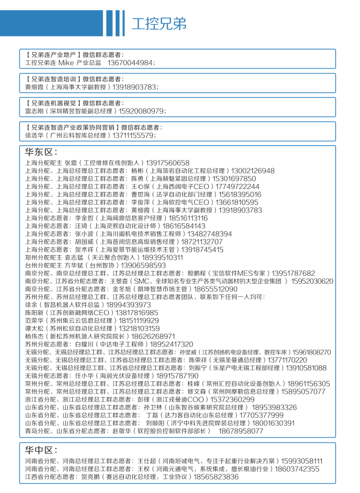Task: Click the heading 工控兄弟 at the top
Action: [x=159, y=24]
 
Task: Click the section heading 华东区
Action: [x=41, y=152]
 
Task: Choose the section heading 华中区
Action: [x=41, y=450]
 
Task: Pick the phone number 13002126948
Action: [x=253, y=171]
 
